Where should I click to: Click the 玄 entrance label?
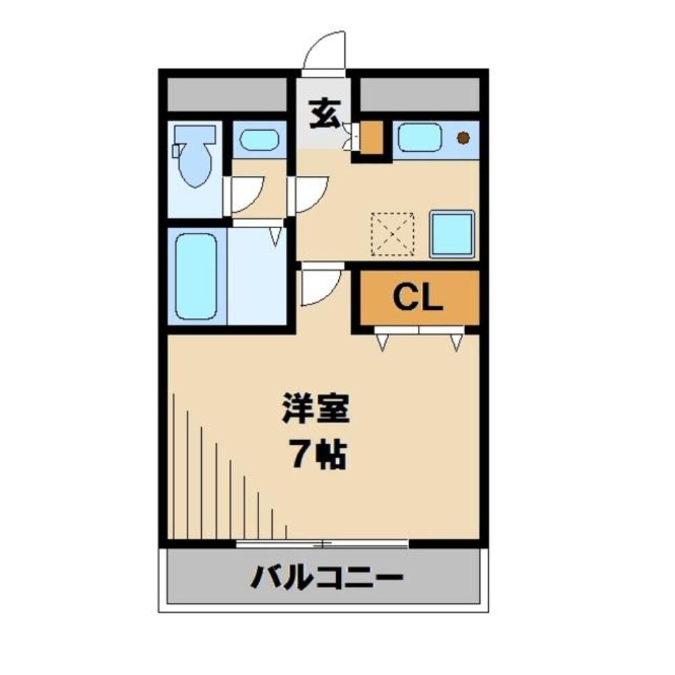pyautogui.click(x=325, y=114)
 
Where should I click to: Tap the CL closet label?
pyautogui.click(x=418, y=297)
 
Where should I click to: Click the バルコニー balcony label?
pyautogui.click(x=327, y=578)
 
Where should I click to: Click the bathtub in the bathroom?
pyautogui.click(x=196, y=275)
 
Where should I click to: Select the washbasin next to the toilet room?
pyautogui.click(x=259, y=140)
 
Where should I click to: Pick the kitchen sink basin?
pyautogui.click(x=419, y=138)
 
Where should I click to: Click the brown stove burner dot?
pyautogui.click(x=463, y=138)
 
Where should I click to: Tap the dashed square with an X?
pyautogui.click(x=392, y=234)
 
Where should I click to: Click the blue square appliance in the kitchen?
pyautogui.click(x=452, y=234)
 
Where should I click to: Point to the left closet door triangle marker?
pyautogui.click(x=382, y=343)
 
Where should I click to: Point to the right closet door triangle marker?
pyautogui.click(x=456, y=343)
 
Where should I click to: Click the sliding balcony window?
pyautogui.click(x=323, y=543)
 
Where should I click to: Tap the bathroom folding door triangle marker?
pyautogui.click(x=275, y=236)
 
